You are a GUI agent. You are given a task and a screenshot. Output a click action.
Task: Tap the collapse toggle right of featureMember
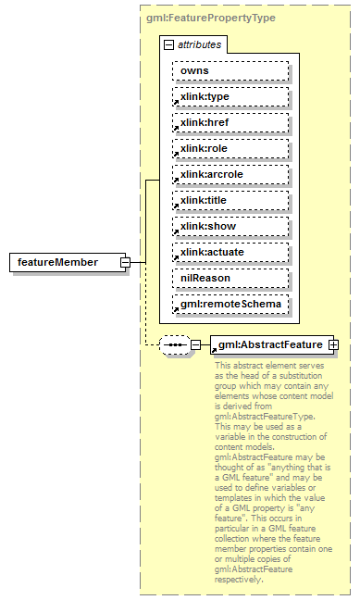[124, 263]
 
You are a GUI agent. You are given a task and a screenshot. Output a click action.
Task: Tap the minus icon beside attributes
[168, 44]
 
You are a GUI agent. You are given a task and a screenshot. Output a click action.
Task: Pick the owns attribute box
[229, 70]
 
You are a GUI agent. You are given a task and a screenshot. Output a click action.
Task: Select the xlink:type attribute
[229, 96]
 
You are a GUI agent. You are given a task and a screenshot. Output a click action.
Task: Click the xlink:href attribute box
[229, 122]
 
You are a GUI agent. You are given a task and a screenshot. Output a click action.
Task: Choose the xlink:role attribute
[229, 148]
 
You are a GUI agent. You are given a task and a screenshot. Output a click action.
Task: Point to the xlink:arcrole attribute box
[229, 174]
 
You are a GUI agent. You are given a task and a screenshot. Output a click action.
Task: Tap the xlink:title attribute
[229, 200]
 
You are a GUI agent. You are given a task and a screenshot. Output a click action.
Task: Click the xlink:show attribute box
[229, 226]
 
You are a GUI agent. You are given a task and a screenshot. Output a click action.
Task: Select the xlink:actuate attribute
[229, 252]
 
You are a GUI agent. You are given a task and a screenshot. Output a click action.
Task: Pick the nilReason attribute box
[229, 278]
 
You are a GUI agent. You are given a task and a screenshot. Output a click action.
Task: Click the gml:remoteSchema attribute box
[229, 304]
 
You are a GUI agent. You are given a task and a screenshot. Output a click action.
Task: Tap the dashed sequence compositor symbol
[174, 345]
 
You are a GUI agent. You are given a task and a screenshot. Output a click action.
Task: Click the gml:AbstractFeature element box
[268, 345]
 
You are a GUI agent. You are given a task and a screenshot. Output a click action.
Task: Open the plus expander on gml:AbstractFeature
[333, 345]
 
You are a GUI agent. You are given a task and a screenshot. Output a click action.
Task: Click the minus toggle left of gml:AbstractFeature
[195, 345]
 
